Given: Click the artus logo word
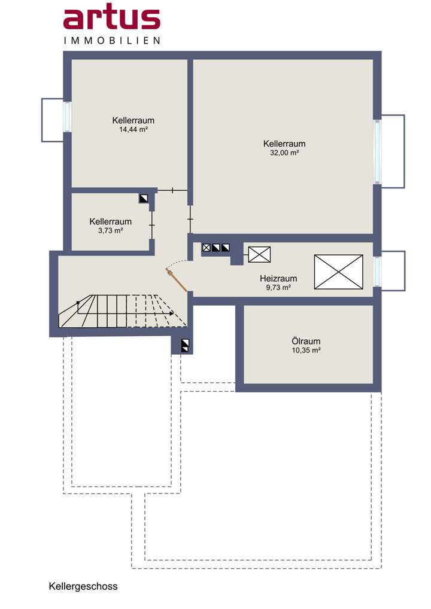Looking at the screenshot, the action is (x=112, y=18).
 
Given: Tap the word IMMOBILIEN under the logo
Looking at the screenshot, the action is (x=112, y=41).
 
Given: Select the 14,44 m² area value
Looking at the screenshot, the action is (x=133, y=130).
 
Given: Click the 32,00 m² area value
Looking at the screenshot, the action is (x=284, y=153).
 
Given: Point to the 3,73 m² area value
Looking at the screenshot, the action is (x=111, y=231).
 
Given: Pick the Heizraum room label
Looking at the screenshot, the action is (x=278, y=279).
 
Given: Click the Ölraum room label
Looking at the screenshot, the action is (x=306, y=342).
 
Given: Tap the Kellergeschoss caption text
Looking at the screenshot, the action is (x=83, y=586).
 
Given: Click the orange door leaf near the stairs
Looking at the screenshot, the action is (x=177, y=279).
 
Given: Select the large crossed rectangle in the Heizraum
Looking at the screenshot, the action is (x=338, y=272).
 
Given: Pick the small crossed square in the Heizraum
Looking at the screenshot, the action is (x=260, y=254).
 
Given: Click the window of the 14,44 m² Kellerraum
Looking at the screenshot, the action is (x=68, y=117).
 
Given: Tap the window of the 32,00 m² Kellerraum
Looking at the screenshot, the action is (x=377, y=151).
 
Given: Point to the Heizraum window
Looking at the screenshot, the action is (x=377, y=272).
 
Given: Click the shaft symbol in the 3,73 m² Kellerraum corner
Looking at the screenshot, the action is (x=144, y=199).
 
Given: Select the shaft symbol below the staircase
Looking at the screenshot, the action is (x=186, y=346).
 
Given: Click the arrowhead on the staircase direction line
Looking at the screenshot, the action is (x=171, y=313).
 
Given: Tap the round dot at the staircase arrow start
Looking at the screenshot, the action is (x=78, y=302).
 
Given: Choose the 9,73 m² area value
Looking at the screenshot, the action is (x=278, y=288).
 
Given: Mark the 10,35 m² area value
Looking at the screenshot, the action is (x=306, y=351).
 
